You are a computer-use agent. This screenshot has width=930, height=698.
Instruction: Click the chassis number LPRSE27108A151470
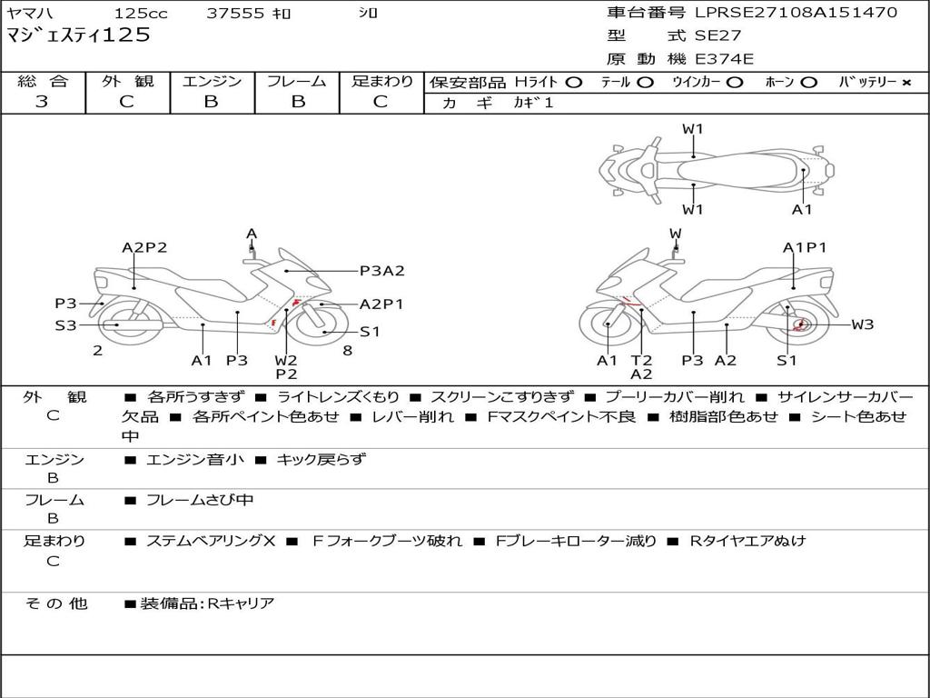click(x=796, y=13)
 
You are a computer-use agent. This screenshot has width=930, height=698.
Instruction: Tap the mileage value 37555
click(x=235, y=14)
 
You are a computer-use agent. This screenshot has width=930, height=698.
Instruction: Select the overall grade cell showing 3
click(x=42, y=102)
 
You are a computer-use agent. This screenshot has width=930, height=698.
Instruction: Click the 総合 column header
click(x=43, y=81)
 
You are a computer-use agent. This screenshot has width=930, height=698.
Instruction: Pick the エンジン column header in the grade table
click(x=212, y=81)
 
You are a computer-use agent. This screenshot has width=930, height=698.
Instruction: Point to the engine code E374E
click(x=724, y=59)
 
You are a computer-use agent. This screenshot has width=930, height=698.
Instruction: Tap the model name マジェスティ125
click(x=78, y=36)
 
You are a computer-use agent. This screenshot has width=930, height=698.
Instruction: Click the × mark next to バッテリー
click(x=905, y=82)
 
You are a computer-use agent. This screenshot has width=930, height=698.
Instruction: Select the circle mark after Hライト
click(x=573, y=82)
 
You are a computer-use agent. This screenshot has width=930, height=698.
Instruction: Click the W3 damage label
click(x=862, y=324)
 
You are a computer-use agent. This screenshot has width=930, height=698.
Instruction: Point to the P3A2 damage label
click(x=381, y=270)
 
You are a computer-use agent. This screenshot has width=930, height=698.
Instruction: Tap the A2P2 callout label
click(x=144, y=247)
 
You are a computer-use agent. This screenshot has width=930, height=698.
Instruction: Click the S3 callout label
click(x=65, y=324)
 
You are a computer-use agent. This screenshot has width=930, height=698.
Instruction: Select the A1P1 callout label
click(x=805, y=247)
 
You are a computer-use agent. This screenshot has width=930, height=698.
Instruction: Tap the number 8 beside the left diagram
click(x=348, y=350)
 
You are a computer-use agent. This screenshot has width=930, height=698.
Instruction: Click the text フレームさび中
click(x=200, y=500)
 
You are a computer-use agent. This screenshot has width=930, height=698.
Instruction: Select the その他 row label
click(x=55, y=603)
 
